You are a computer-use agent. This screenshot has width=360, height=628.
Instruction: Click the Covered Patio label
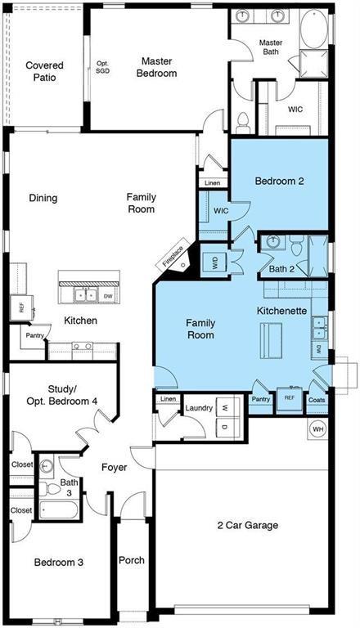(x=44, y=71)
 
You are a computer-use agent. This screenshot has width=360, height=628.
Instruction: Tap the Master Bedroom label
(x=157, y=67)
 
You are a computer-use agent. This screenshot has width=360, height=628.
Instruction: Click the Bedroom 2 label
(x=279, y=182)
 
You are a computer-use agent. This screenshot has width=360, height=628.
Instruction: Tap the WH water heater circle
(x=317, y=428)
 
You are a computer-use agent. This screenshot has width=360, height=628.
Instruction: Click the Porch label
(x=132, y=560)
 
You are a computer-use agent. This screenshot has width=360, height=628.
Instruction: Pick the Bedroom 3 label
(x=58, y=563)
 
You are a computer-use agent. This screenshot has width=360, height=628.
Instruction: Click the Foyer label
(x=114, y=468)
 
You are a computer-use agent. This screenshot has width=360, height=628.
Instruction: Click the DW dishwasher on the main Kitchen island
(x=108, y=296)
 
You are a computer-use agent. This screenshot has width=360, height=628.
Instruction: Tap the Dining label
(x=43, y=198)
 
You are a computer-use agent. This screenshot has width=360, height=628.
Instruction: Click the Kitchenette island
(x=271, y=340)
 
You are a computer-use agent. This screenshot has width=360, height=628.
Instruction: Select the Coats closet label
(x=317, y=400)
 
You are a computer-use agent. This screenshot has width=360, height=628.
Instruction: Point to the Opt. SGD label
(x=102, y=68)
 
